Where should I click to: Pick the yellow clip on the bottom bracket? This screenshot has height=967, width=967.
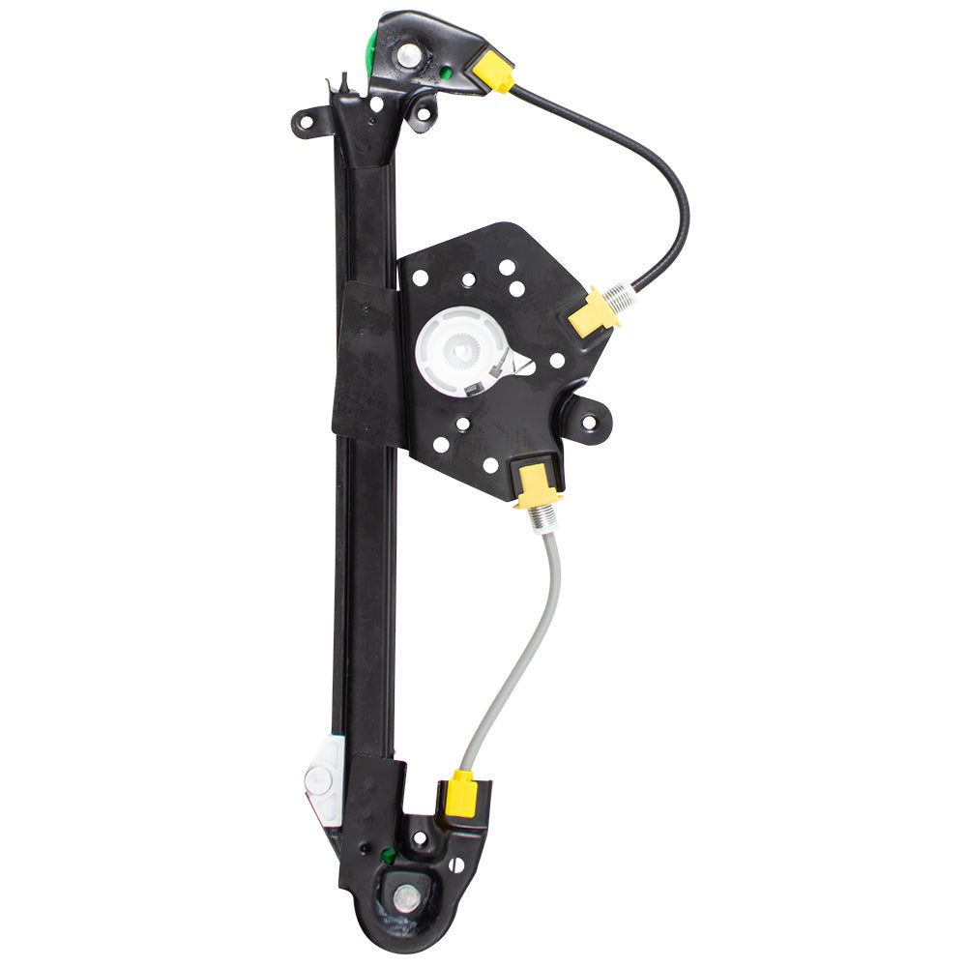461,794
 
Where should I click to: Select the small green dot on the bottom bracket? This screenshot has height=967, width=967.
387,855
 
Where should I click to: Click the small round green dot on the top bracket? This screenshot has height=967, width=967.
446,71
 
